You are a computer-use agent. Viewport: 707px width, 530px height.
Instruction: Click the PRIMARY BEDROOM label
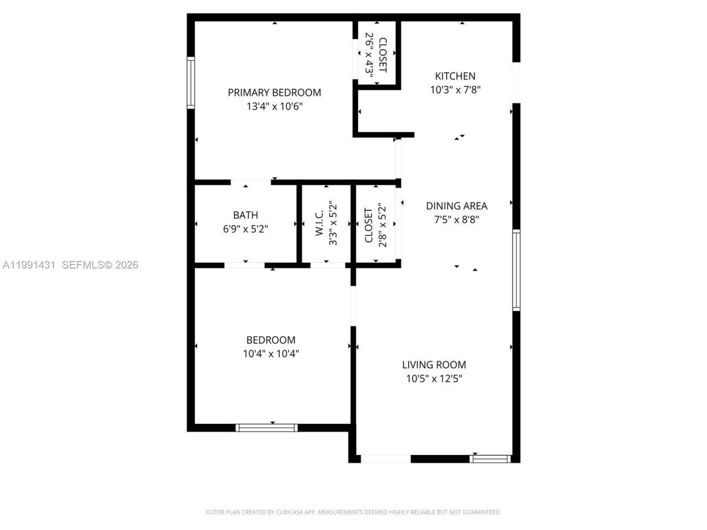[x=274, y=93]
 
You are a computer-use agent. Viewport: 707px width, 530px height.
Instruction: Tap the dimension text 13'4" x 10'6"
[x=274, y=107]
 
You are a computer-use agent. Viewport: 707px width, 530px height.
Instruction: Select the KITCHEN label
[x=455, y=76]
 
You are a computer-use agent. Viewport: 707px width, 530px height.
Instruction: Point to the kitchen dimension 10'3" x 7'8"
[x=455, y=90]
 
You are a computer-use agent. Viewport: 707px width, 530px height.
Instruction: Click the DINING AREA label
[x=456, y=206]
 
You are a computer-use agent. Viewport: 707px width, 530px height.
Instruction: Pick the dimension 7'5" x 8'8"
[x=456, y=220]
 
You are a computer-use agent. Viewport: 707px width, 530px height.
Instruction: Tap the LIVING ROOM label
[x=434, y=365]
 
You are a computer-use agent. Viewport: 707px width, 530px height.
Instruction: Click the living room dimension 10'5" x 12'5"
[x=434, y=379]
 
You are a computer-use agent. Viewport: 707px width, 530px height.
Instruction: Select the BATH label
[x=245, y=215]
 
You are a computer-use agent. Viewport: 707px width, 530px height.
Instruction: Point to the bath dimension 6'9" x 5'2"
[x=245, y=229]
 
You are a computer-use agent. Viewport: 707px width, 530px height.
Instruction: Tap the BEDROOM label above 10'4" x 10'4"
[x=271, y=340]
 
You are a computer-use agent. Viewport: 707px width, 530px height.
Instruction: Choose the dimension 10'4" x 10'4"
[x=271, y=354]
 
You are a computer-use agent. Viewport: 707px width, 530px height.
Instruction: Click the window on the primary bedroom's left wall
[x=191, y=83]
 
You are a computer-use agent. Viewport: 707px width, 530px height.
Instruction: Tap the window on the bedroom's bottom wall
[x=266, y=427]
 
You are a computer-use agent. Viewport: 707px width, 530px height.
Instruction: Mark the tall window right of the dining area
[x=516, y=270]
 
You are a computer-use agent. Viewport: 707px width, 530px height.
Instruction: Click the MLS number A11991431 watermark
[x=29, y=265]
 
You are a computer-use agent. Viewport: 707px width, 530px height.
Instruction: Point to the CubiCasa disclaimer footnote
[x=353, y=512]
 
